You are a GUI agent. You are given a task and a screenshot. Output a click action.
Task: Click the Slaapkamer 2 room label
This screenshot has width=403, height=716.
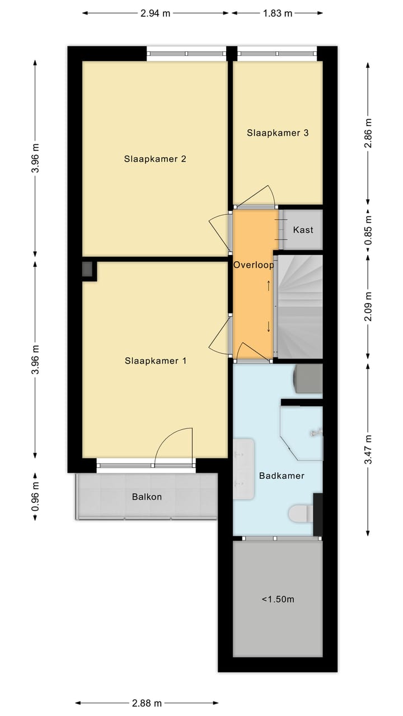coord(155,159)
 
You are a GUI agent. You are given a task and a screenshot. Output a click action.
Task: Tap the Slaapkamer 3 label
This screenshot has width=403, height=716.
coord(278,133)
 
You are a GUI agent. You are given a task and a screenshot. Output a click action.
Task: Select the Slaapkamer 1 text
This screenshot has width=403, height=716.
coord(155,361)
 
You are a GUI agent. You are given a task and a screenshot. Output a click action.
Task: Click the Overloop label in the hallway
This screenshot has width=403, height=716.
coord(254,265)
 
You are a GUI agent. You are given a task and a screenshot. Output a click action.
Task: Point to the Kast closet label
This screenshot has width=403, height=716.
coord(303,230)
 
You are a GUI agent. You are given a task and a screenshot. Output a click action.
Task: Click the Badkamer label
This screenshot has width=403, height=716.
coord(282,476)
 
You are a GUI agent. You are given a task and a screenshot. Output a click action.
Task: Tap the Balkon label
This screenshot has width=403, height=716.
coord(147,497)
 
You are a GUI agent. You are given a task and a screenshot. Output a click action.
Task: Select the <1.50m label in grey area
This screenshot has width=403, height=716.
coord(278,599)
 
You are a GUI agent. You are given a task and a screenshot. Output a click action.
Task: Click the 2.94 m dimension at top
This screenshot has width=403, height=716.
coord(155,13)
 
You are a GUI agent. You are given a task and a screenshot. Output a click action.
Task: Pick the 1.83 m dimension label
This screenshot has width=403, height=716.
coord(278,13)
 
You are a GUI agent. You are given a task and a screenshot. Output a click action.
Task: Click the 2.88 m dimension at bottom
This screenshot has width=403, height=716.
coord(147,703)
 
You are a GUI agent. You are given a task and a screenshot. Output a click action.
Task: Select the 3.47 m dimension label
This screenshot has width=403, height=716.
coord(368,449)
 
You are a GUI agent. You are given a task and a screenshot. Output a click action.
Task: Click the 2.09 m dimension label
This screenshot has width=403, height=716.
coord(368,307)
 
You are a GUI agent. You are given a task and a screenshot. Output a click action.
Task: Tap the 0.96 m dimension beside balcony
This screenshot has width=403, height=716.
coord(35,497)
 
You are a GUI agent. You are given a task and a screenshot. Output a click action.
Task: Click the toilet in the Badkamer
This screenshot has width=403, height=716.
coord(301,512)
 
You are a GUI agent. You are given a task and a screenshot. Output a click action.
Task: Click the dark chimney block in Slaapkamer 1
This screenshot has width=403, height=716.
coord(88,270)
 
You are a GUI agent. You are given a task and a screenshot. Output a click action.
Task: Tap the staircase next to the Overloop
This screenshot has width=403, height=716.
coord(301,307)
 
